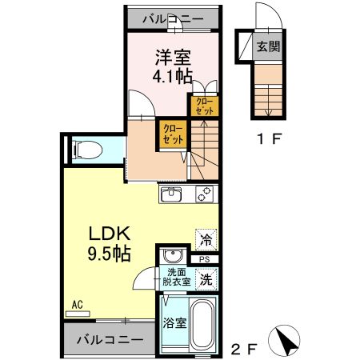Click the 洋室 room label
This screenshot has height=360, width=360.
pyautogui.click(x=172, y=58)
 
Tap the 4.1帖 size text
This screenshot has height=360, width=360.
pyautogui.click(x=172, y=78)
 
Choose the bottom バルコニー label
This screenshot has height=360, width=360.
pyautogui.click(x=110, y=339)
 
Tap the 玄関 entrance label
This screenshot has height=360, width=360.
pyautogui.click(x=268, y=46)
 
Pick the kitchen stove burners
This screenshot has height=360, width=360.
pyautogui.click(x=203, y=194)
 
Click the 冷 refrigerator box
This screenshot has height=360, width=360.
pyautogui.click(x=205, y=237)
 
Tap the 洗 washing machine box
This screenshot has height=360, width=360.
pyautogui.click(x=206, y=281)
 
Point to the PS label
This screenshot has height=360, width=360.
pyautogui.click(x=205, y=259)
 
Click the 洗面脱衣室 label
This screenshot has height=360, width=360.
pyautogui.click(x=176, y=277)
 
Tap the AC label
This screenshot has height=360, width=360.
pyautogui.click(x=78, y=305)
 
